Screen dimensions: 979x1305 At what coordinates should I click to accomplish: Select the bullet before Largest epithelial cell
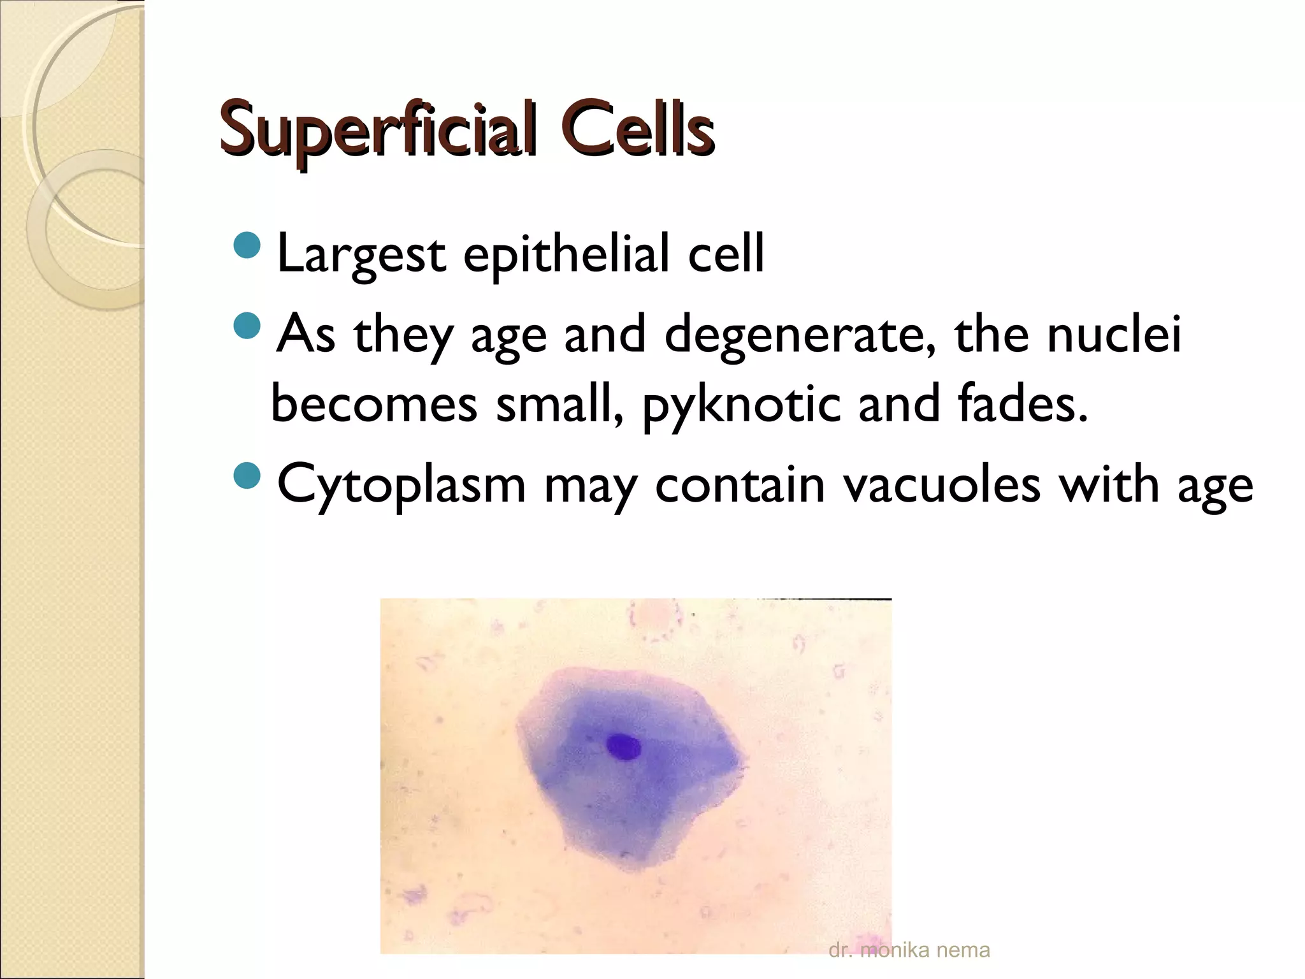click(x=247, y=245)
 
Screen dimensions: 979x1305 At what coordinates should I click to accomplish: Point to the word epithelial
click(x=566, y=254)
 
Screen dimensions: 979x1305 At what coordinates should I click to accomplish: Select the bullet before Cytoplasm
click(x=247, y=475)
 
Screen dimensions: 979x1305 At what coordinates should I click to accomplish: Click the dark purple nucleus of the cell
click(x=623, y=746)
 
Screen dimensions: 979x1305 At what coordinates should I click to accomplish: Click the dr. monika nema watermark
click(x=909, y=950)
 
